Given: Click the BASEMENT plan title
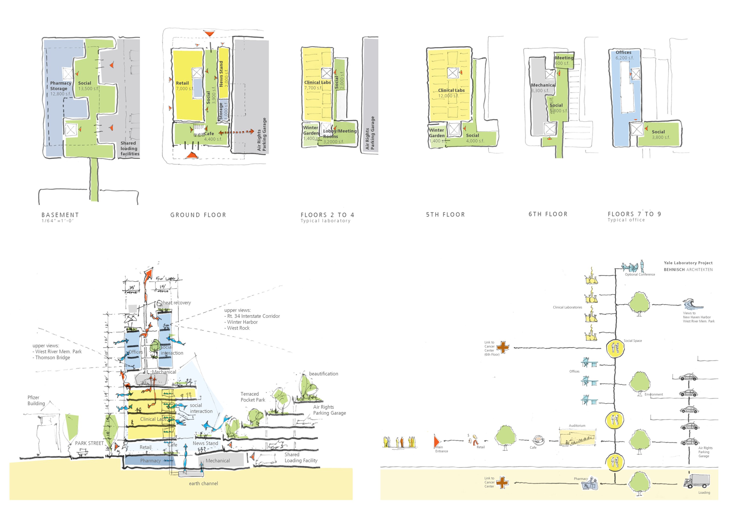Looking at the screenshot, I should (60, 215).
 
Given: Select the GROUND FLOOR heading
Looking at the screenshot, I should (198, 215).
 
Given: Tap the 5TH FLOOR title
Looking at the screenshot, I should (445, 214).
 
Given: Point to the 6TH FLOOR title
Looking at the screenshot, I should (548, 214).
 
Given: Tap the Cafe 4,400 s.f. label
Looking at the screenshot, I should (212, 136).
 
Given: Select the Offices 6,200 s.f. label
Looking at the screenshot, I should (624, 55).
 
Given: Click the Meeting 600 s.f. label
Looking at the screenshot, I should (564, 60).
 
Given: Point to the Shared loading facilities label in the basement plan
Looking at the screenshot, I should (129, 148).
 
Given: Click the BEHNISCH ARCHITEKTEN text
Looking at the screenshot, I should (688, 270).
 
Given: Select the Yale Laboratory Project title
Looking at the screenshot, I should (688, 263).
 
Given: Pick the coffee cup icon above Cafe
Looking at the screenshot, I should (538, 440).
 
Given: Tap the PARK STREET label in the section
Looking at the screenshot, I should (89, 443).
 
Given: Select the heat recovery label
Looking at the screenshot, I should (176, 303).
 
